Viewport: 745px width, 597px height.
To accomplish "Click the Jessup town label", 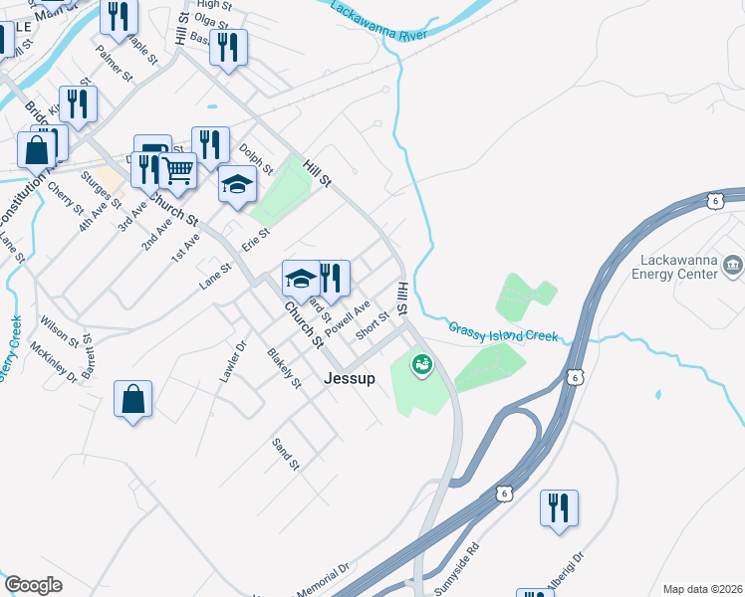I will click(x=349, y=378).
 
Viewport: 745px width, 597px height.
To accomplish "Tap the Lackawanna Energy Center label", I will click(x=676, y=266).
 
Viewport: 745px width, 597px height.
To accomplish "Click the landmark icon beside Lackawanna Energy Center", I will click(x=733, y=265).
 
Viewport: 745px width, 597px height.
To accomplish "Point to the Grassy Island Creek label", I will click(x=502, y=331).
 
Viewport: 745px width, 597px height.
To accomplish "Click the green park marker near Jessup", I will click(x=422, y=365).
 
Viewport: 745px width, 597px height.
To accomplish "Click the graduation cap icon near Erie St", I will click(x=237, y=184).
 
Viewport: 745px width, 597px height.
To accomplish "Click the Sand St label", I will click(x=286, y=453).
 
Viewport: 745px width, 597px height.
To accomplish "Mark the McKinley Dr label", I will click(x=54, y=362).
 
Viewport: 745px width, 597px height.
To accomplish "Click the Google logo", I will click(x=33, y=585).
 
